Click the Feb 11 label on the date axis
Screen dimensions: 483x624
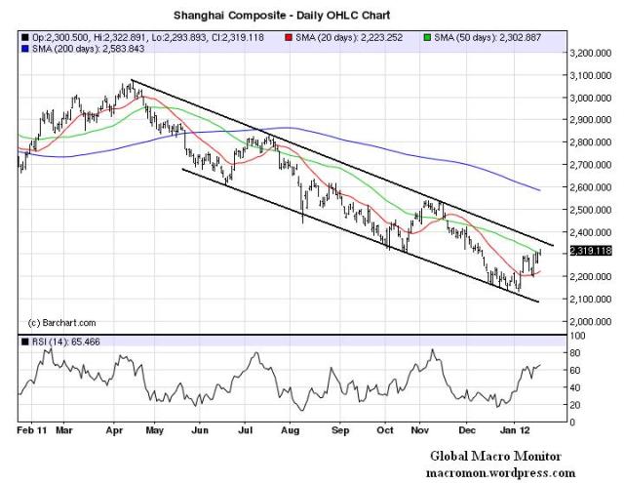(x=34, y=428)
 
